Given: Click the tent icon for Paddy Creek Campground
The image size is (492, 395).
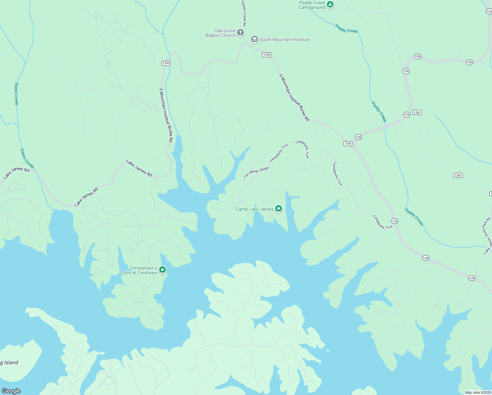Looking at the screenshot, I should (x=330, y=5).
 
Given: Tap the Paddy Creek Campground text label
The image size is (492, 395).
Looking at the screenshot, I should (x=312, y=5).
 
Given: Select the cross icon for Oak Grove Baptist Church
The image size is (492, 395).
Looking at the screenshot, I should (x=240, y=33).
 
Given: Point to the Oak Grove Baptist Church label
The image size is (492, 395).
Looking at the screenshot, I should (x=221, y=33).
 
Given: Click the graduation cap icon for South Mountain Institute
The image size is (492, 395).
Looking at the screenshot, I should (x=254, y=39).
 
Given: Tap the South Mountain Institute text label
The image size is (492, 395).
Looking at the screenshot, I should (x=284, y=39).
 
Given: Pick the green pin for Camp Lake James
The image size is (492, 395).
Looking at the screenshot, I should (x=279, y=209).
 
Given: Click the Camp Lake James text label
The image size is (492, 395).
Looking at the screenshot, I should (x=255, y=209).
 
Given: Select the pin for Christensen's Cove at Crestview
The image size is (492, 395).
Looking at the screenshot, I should (x=162, y=270).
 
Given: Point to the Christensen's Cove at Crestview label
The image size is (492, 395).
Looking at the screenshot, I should (x=139, y=270).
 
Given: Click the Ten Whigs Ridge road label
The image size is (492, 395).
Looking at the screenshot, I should (x=256, y=172).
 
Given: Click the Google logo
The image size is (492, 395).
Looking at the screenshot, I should (x=11, y=391).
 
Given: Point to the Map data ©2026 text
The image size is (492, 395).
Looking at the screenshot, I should (x=478, y=392).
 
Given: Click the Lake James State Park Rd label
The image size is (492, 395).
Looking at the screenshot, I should (x=487, y=236).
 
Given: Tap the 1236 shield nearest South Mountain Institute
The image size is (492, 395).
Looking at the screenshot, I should (x=266, y=55).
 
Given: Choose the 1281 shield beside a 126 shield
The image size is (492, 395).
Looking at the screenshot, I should (x=417, y=113).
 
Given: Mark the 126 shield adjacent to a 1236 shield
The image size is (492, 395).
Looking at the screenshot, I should (x=358, y=137).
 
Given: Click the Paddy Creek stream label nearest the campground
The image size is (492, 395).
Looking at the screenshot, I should (x=346, y=29).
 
